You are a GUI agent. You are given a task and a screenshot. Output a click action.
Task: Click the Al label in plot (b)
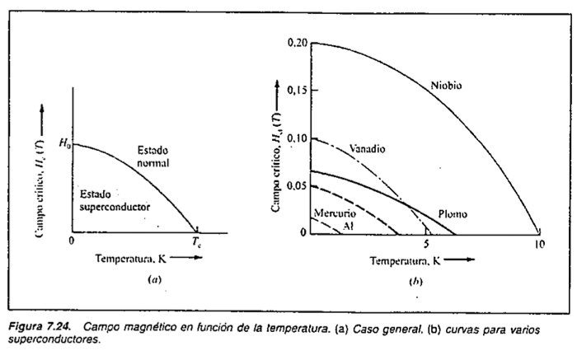pyautogui.click(x=347, y=224)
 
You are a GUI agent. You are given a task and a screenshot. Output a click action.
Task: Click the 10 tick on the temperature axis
pyautogui.click(x=538, y=245)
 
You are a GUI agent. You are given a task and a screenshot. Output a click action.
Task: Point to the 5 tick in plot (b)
pyautogui.click(x=425, y=245)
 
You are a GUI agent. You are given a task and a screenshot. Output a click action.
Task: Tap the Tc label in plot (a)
pyautogui.click(x=197, y=241)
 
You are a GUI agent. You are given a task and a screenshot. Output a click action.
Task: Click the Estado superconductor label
pyautogui.click(x=115, y=199)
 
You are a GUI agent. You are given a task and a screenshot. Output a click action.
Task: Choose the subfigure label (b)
pyautogui.click(x=415, y=282)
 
